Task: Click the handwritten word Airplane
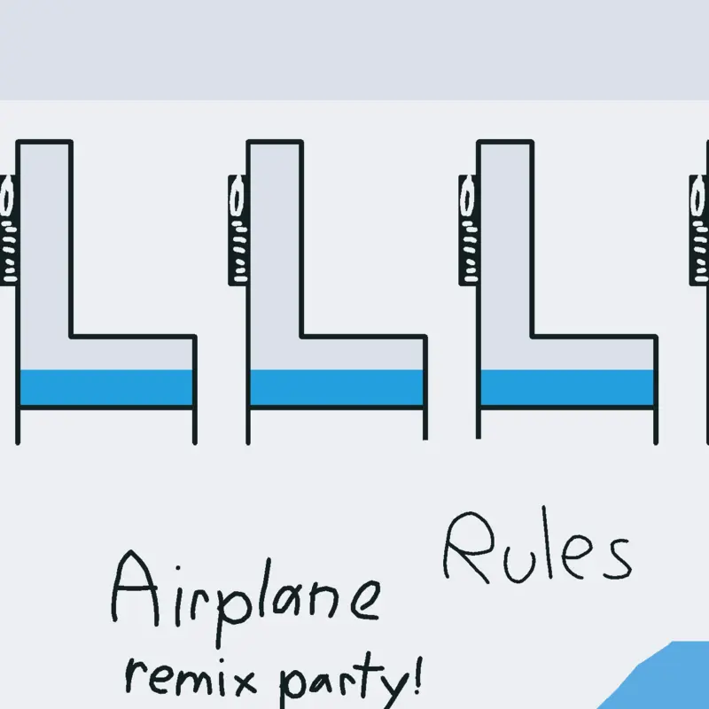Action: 245,596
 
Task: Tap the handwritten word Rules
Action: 537,547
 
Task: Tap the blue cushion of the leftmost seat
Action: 106,387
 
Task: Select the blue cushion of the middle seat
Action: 337,387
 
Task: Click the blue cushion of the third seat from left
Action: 567,387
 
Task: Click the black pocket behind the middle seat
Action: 238,230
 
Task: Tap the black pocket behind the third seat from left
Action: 469,230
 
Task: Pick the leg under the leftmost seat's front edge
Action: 195,427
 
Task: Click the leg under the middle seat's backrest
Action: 248,427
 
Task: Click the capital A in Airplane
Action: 135,588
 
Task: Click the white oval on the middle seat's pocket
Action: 237,198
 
